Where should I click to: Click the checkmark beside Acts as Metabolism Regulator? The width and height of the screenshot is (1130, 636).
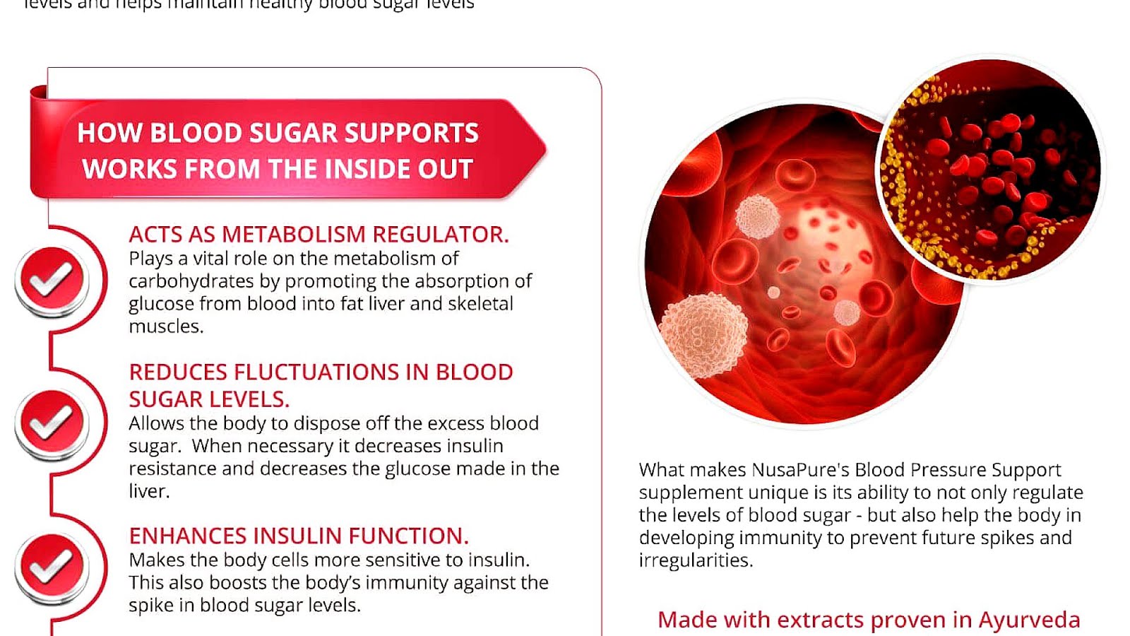tap(51, 280)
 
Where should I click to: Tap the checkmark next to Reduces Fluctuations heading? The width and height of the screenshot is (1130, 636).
tap(51, 423)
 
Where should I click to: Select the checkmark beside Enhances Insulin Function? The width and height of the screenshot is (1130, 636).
tap(51, 566)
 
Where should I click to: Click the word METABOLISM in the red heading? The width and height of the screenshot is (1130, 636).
tap(295, 235)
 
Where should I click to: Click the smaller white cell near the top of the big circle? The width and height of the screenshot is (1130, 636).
tap(757, 216)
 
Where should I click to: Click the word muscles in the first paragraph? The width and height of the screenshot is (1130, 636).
tap(165, 326)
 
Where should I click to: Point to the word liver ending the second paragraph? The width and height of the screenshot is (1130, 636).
tap(148, 491)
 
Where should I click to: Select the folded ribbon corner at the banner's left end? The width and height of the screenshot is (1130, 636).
tap(39, 93)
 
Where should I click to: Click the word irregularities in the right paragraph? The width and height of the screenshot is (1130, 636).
tap(695, 560)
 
